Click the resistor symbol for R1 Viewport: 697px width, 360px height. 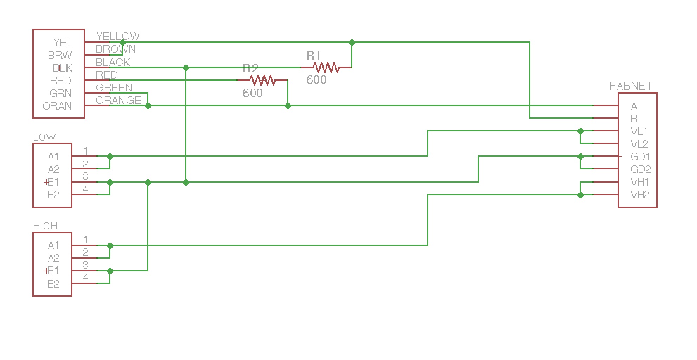pyautogui.click(x=326, y=67)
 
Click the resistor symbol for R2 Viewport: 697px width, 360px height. pyautogui.click(x=262, y=80)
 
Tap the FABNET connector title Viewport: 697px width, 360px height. pyautogui.click(x=631, y=86)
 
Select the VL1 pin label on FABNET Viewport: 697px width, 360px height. pyautogui.click(x=639, y=131)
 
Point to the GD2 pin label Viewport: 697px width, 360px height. pyautogui.click(x=640, y=169)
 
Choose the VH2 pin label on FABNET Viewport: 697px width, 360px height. pyautogui.click(x=640, y=195)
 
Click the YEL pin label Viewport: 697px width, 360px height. pyautogui.click(x=63, y=43)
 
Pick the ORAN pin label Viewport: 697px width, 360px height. pyautogui.click(x=57, y=106)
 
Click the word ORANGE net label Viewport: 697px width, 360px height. pyautogui.click(x=119, y=101)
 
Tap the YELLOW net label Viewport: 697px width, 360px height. pyautogui.click(x=118, y=36)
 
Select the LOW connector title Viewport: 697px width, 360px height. pyautogui.click(x=44, y=137)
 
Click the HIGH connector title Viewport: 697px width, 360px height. pyautogui.click(x=45, y=226)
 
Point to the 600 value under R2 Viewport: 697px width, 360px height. pyautogui.click(x=252, y=93)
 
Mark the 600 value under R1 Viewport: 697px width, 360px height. pyautogui.click(x=316, y=80)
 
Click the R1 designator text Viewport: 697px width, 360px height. pyautogui.click(x=313, y=56)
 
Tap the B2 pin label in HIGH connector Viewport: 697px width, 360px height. pyautogui.click(x=53, y=284)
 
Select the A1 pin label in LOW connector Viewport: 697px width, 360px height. pyautogui.click(x=53, y=157)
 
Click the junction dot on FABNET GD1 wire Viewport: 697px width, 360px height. pyautogui.click(x=581, y=156)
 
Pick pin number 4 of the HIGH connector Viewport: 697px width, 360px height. pyautogui.click(x=85, y=278)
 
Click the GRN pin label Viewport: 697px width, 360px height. pyautogui.click(x=60, y=94)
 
